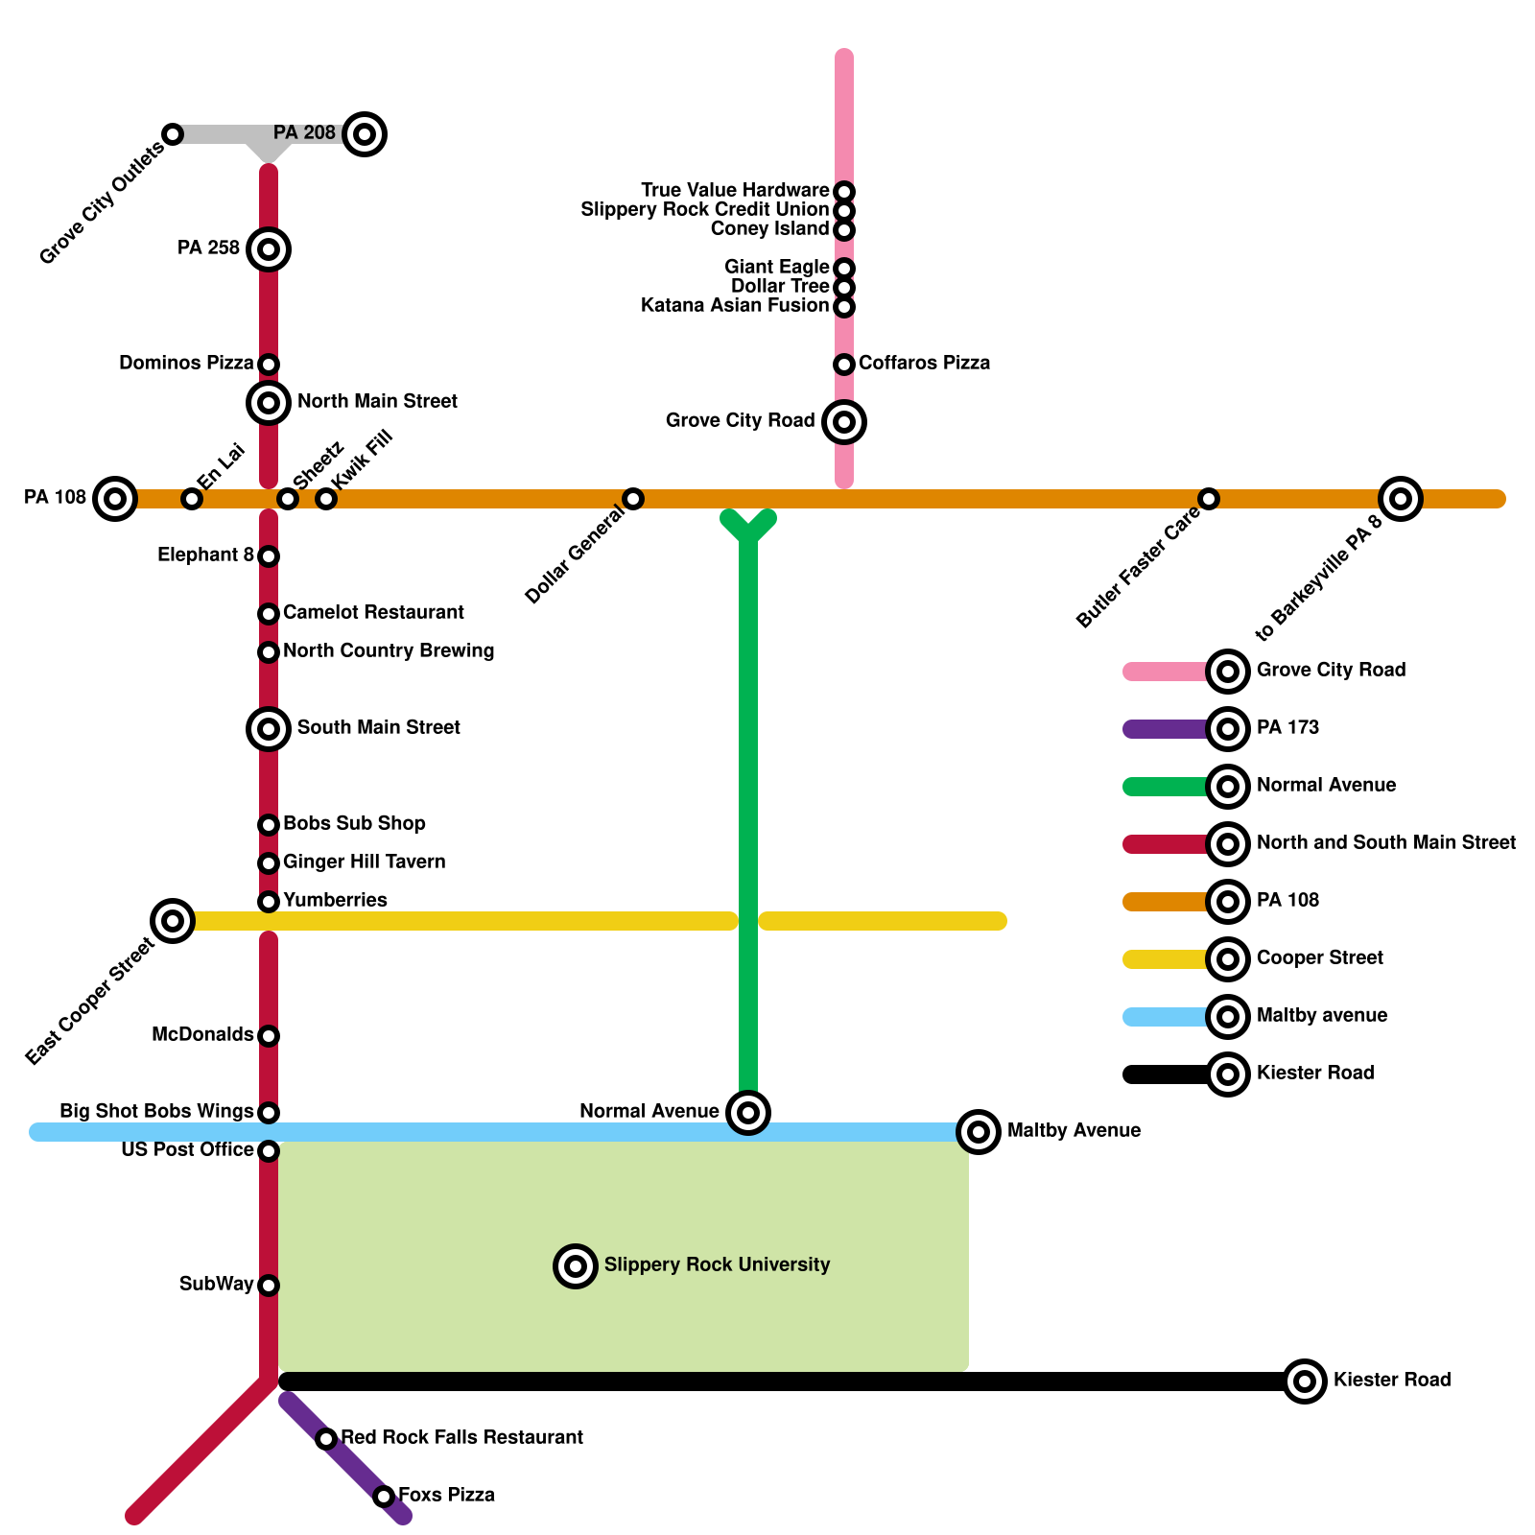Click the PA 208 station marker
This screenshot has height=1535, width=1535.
click(365, 134)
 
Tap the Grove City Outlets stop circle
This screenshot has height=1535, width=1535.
click(173, 134)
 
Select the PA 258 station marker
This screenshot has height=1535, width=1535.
click(269, 249)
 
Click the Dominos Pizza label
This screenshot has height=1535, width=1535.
click(186, 364)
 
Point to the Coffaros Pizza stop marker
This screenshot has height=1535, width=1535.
click(844, 365)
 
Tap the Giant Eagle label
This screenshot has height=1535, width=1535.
click(777, 268)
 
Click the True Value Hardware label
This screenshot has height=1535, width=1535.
click(735, 191)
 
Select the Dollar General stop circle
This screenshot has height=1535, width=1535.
click(633, 499)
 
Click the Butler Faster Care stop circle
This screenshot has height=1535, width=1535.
click(1209, 499)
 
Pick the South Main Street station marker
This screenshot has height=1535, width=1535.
click(269, 729)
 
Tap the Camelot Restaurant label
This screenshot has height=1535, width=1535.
click(373, 613)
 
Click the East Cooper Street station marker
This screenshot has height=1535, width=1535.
click(173, 921)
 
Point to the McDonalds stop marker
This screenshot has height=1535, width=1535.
click(269, 1036)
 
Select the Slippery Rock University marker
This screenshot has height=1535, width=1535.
click(576, 1266)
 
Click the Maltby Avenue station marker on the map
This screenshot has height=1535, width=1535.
click(979, 1132)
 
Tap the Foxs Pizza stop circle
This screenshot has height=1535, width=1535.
click(384, 1497)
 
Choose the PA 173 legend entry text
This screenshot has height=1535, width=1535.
click(1287, 728)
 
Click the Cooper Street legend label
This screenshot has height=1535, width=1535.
click(1320, 958)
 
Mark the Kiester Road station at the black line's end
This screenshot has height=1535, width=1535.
click(1305, 1381)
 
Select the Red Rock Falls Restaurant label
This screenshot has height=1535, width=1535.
click(461, 1438)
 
